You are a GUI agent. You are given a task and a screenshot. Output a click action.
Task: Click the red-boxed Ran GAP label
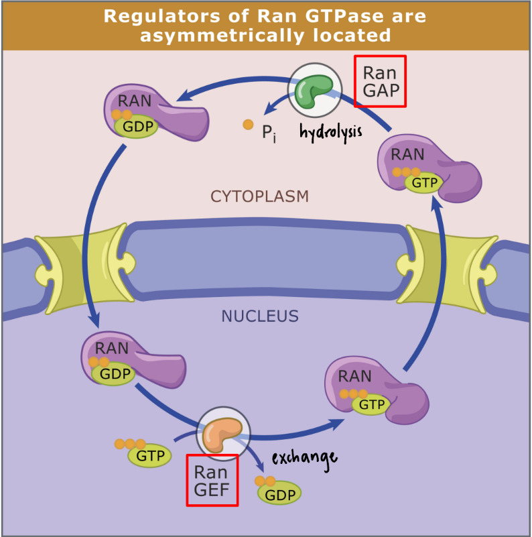point(380,81)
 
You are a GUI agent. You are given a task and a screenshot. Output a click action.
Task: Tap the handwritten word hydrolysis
point(330,131)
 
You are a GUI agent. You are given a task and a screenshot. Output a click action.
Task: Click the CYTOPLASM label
point(259,196)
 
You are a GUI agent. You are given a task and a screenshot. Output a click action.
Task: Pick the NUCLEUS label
point(259,316)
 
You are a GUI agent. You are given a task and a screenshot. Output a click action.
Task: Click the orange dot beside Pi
point(248,124)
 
